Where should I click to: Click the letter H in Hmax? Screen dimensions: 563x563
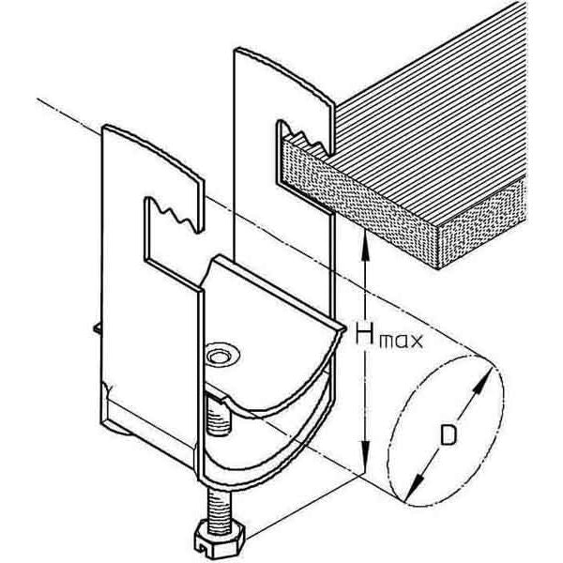[x=367, y=333]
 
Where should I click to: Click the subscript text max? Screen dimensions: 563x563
[x=402, y=341]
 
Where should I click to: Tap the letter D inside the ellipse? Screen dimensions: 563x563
[x=449, y=434]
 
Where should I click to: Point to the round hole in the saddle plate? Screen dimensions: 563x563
[x=220, y=357]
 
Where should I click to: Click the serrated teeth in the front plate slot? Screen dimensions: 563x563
[x=175, y=214]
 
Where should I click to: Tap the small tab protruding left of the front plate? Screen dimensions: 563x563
[x=97, y=327]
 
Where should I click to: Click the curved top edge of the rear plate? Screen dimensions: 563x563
[x=283, y=75]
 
